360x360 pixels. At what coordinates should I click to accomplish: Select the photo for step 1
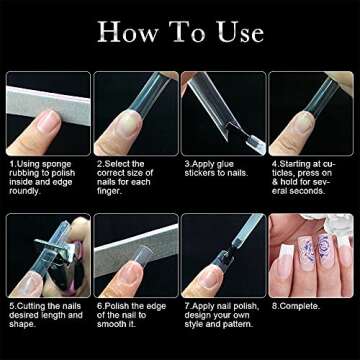(x=47, y=113)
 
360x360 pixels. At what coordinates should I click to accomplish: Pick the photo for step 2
(x=135, y=113)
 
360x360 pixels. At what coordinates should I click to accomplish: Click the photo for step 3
(x=222, y=113)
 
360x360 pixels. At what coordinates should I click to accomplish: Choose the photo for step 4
(x=310, y=113)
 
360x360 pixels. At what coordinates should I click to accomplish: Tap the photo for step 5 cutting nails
(x=47, y=254)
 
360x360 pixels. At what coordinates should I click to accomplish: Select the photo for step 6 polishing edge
(x=135, y=254)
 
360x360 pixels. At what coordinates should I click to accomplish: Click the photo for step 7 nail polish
(x=222, y=254)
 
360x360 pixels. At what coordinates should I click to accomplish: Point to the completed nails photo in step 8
(x=310, y=254)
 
